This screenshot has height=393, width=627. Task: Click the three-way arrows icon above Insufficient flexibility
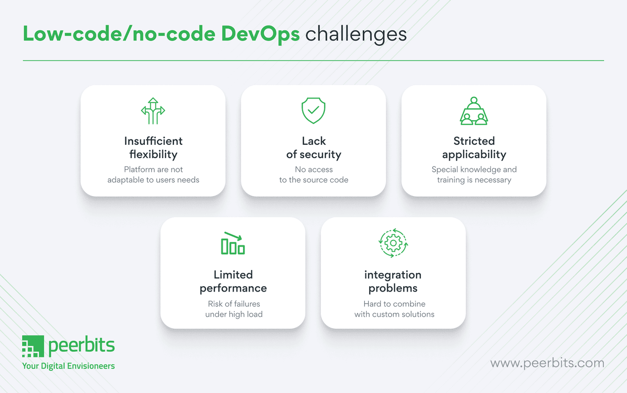[x=153, y=111]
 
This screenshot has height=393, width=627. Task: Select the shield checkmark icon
[x=313, y=110]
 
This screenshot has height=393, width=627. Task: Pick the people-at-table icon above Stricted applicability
[x=474, y=111]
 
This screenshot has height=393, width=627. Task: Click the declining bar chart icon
[x=233, y=243]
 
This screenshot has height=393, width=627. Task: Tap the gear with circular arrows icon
[x=393, y=243]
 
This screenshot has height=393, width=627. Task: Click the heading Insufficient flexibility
[x=153, y=148]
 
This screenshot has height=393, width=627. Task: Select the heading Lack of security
[x=313, y=148]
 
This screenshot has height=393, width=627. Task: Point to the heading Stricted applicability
[x=474, y=148]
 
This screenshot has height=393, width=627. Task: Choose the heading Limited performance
[x=233, y=281]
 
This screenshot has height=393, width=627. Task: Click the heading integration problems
[x=393, y=281]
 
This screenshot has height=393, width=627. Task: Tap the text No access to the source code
[x=313, y=175]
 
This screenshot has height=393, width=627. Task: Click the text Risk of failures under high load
[x=234, y=309]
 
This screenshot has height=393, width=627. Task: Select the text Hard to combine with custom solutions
[x=394, y=309]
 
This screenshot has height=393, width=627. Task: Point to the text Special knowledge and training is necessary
[x=474, y=175]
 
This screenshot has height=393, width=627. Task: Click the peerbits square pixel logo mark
[x=33, y=346]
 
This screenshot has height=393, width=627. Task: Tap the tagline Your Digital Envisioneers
[x=69, y=366]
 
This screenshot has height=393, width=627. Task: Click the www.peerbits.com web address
[x=547, y=363]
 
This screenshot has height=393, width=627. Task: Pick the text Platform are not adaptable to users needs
[x=153, y=175]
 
